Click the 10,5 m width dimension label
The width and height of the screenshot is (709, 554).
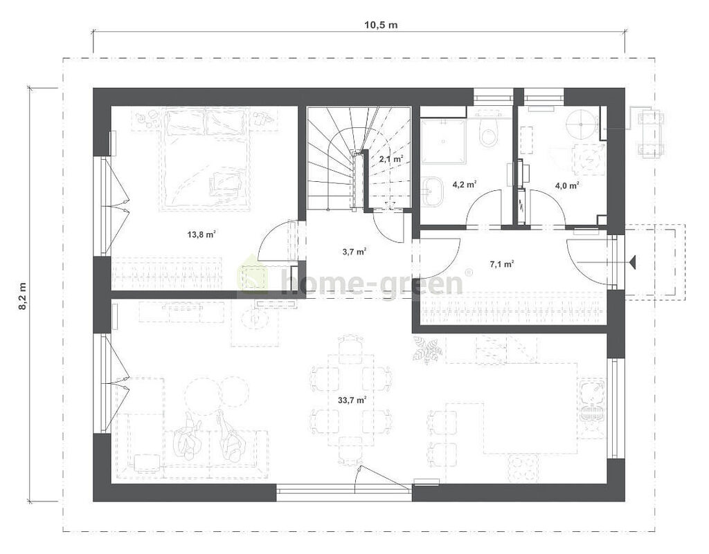click(x=381, y=25)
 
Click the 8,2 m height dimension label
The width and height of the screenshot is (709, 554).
click(x=22, y=296)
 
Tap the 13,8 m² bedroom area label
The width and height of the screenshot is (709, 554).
click(x=201, y=234)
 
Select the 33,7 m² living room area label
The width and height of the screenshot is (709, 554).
click(x=352, y=400)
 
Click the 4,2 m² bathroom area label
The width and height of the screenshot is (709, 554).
click(x=465, y=184)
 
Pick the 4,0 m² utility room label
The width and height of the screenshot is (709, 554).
click(x=568, y=185)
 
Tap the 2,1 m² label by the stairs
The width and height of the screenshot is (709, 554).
click(x=391, y=158)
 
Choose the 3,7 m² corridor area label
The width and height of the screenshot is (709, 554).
click(x=354, y=252)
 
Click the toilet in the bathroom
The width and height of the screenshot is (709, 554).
click(x=488, y=130)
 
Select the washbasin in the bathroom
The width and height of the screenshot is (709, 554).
click(x=434, y=190)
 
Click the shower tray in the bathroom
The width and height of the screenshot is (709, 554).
click(x=443, y=141)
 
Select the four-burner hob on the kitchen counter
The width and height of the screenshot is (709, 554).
click(x=523, y=468)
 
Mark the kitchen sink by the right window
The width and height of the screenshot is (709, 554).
click(x=592, y=401)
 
